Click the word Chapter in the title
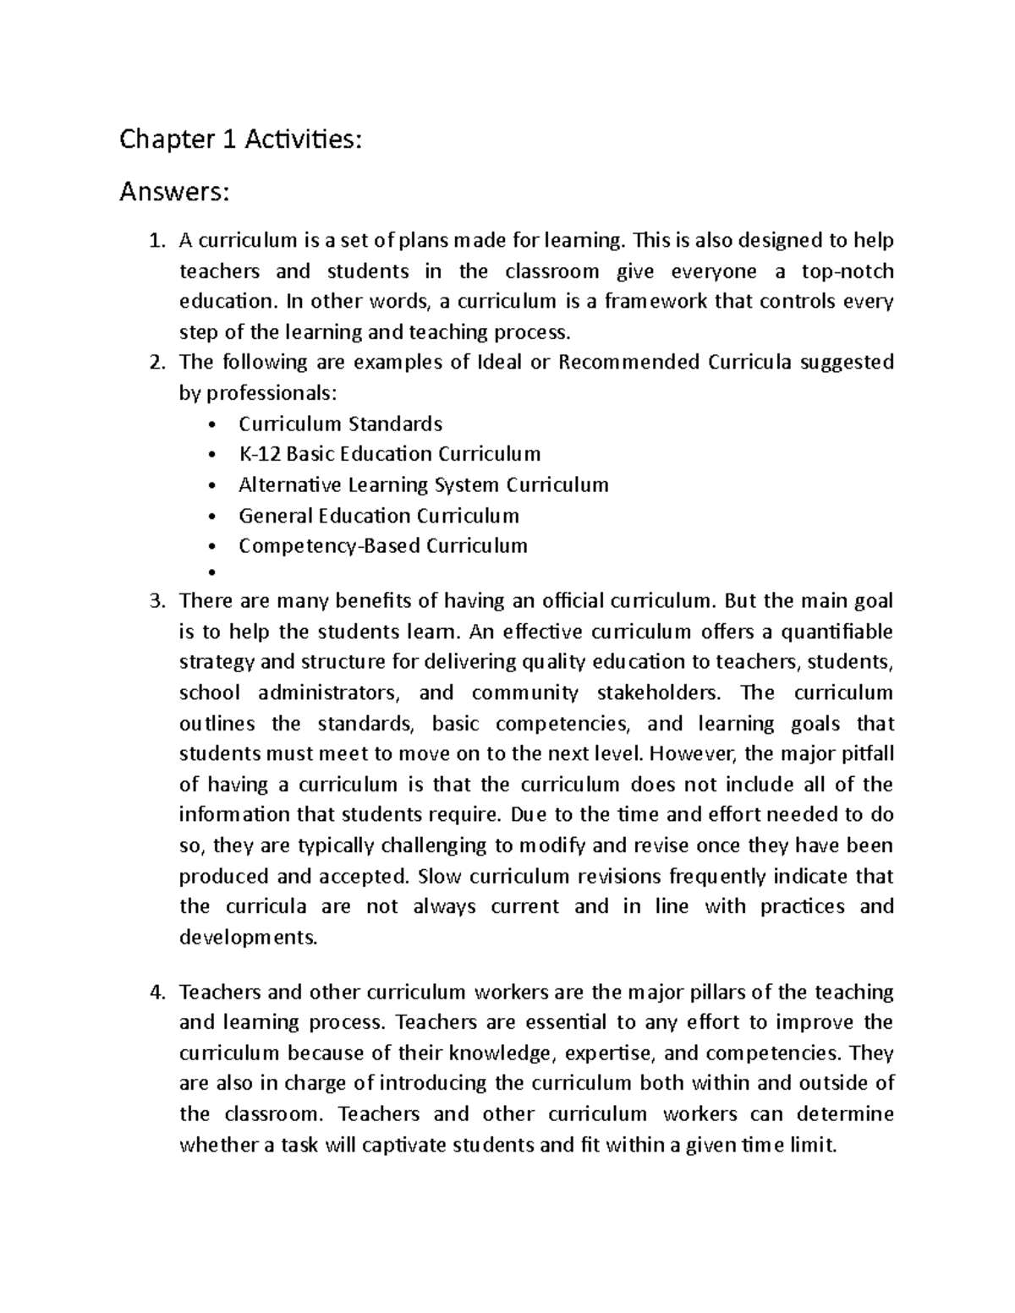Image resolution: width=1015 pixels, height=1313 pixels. tap(165, 140)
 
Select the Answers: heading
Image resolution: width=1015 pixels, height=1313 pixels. tap(174, 193)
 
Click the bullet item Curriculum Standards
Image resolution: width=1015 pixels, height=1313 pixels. tap(340, 424)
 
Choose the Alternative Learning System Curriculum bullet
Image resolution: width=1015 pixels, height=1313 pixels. tap(423, 485)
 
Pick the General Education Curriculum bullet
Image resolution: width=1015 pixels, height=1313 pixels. tap(378, 516)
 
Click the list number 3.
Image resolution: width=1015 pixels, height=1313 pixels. tap(155, 601)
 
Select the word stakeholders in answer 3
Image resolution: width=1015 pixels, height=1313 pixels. tap(660, 693)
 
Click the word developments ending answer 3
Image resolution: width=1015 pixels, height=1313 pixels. tap(248, 938)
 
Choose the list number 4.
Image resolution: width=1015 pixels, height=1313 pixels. tap(155, 993)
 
